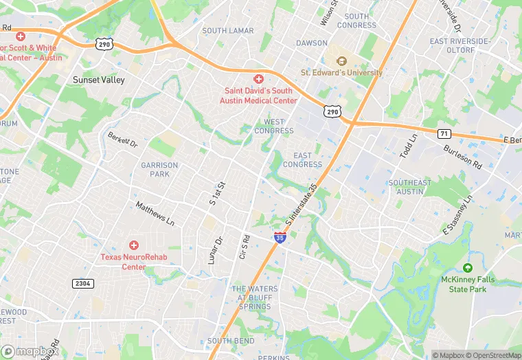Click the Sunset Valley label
[99, 80]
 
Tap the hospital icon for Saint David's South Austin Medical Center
[259, 80]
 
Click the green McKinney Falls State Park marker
[468, 268]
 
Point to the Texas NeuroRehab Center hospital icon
[134, 245]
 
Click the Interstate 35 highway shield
[280, 238]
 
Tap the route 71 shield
[444, 133]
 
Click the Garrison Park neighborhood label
[159, 170]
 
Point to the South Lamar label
[228, 31]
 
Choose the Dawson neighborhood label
[312, 43]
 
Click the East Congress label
[302, 160]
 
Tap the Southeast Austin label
[410, 187]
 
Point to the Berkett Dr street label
[122, 140]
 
